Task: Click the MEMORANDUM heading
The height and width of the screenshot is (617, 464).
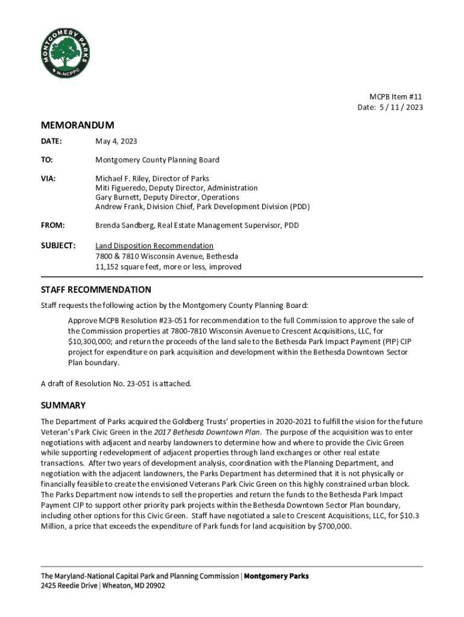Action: pos(77,125)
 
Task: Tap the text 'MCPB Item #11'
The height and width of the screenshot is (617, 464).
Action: pos(396,97)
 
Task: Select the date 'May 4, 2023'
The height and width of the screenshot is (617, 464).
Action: pos(116,142)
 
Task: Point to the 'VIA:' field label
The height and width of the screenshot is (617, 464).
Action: pos(49,179)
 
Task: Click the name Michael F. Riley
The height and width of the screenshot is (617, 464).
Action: pos(122,179)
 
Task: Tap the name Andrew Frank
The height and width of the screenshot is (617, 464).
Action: pos(117,207)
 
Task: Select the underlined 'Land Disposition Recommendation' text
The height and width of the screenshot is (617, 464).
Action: pos(154,246)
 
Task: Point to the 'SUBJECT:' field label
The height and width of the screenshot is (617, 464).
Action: pos(58,246)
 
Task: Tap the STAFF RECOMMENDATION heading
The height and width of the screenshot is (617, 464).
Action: pos(96,290)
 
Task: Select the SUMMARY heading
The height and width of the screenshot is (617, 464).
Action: pos(63,405)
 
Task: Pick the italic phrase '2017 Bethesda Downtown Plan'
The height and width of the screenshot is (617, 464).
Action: pos(207,432)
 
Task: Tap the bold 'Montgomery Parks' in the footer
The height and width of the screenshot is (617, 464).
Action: pos(276,576)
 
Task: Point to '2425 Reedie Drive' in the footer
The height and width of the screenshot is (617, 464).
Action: pos(70,586)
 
